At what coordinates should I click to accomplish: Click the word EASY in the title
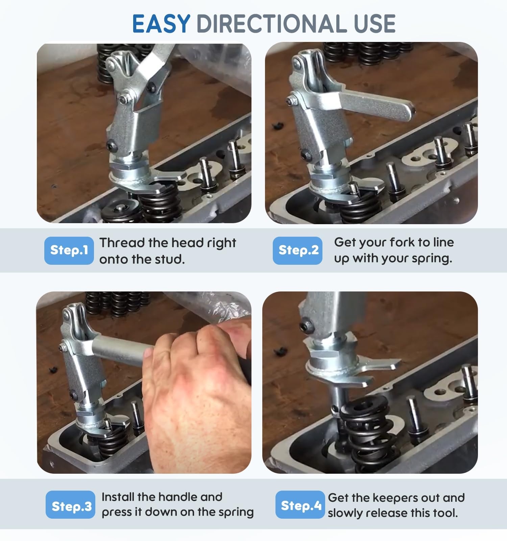[x=161, y=24]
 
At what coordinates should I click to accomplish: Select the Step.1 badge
[x=69, y=250]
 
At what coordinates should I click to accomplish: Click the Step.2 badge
[x=298, y=250]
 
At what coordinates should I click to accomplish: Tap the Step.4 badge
[x=300, y=505]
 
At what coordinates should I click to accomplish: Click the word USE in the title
[x=375, y=24]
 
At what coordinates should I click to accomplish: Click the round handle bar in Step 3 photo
[x=122, y=350]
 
